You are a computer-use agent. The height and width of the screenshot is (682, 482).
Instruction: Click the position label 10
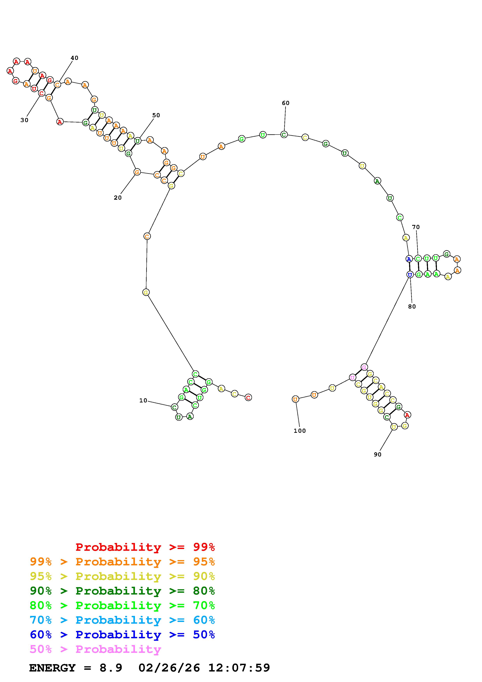pos(143,400)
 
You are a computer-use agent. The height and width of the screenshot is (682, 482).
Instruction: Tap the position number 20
pos(118,198)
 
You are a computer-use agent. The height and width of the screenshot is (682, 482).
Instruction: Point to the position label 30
pos(24,120)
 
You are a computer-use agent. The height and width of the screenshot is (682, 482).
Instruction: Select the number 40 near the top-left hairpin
pos(74,58)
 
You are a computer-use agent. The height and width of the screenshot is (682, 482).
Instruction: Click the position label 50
pos(156,115)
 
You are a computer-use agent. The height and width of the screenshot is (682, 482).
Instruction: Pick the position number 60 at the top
pos(285,103)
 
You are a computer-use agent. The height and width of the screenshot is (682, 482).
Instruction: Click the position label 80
pos(412,307)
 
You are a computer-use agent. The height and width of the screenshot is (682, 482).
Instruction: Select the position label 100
pos(300,431)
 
